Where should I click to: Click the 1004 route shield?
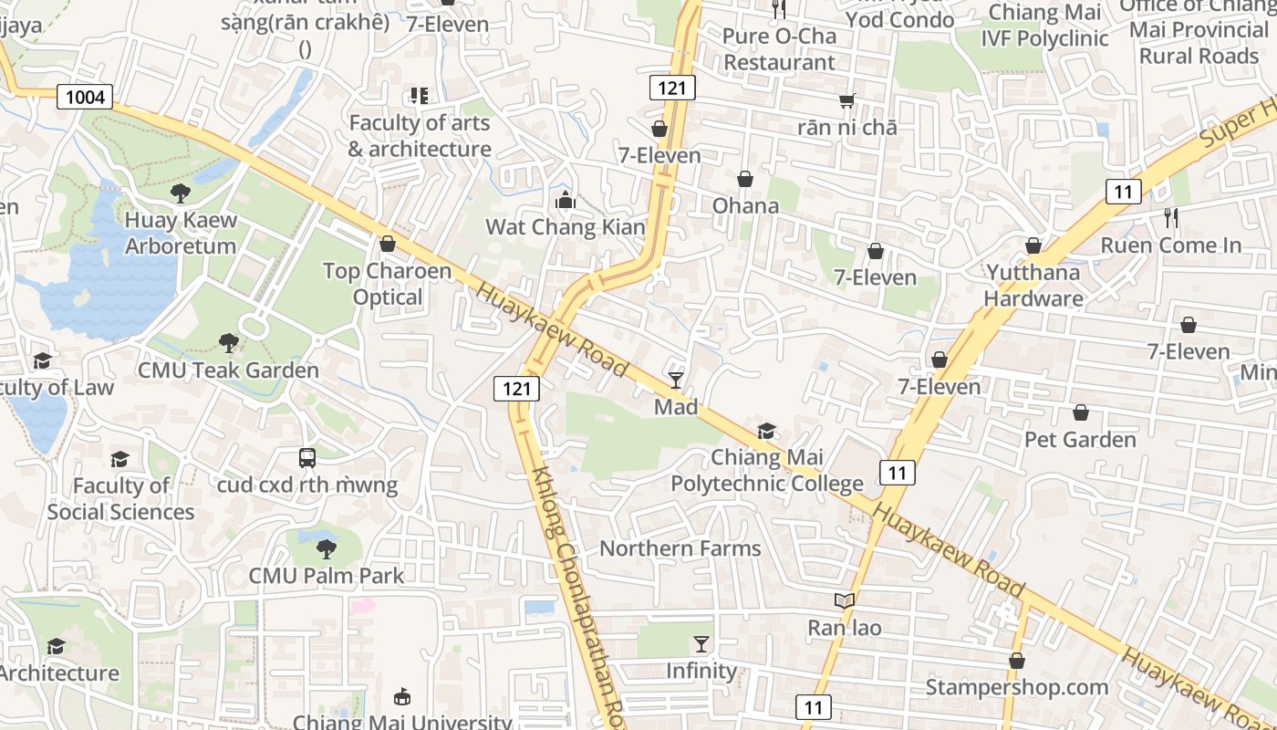coord(85,96)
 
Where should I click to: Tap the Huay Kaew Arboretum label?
coord(181,233)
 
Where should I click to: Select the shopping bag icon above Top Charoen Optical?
coord(388,244)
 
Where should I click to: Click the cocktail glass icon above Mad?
coord(676,380)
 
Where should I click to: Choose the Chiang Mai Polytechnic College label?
coord(766,470)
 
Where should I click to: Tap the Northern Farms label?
coord(680,548)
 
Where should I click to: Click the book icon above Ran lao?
coord(845,600)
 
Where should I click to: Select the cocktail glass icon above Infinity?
coord(701,643)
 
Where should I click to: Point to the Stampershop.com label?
coord(1017,687)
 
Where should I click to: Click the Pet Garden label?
coord(1080,440)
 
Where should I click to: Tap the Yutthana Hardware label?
coord(1033,286)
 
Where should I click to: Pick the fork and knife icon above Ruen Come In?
coord(1171,218)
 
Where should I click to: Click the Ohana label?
coord(745,205)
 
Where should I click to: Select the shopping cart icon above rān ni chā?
coord(847,100)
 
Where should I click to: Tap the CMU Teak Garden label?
coord(228,370)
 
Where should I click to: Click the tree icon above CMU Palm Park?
coord(326,548)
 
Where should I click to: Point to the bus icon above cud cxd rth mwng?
coord(307,458)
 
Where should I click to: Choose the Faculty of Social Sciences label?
coord(120,498)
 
